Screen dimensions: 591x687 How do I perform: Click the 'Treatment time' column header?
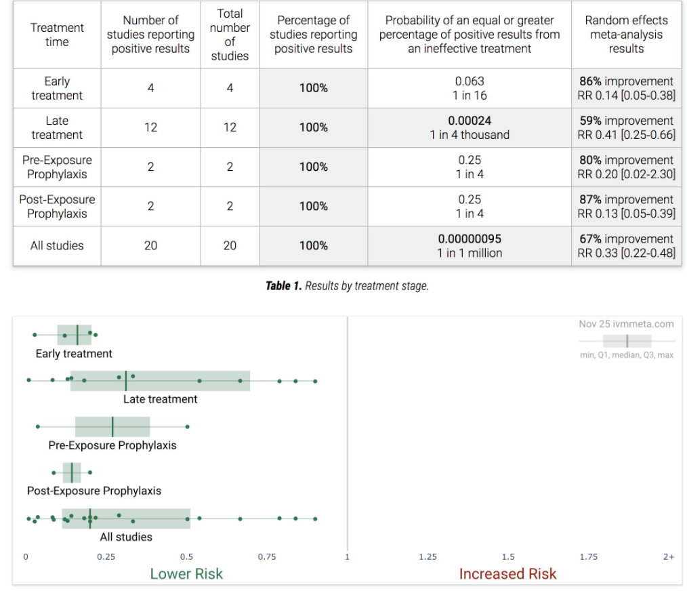[57, 35]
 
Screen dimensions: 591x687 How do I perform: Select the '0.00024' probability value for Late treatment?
[470, 121]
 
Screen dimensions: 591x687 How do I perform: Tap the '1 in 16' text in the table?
[470, 96]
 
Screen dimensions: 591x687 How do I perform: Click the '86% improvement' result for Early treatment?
[627, 81]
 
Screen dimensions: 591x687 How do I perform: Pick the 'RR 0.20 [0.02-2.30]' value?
[627, 174]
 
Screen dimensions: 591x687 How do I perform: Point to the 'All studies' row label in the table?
[57, 245]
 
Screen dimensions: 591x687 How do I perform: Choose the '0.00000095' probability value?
[470, 239]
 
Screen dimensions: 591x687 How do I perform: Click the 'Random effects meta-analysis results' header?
[626, 35]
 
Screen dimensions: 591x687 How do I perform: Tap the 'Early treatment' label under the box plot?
[74, 354]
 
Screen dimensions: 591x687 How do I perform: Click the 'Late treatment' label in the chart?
[160, 399]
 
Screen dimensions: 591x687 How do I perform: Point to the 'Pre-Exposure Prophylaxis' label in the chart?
[112, 445]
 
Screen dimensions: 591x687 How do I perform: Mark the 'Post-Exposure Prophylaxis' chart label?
[94, 491]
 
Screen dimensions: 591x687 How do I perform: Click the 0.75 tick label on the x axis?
[266, 557]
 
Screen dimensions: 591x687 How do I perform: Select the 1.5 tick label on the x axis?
[507, 557]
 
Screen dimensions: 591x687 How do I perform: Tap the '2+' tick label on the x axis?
[668, 557]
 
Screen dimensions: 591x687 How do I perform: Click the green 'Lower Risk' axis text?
[186, 574]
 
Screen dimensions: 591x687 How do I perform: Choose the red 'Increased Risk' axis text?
[507, 574]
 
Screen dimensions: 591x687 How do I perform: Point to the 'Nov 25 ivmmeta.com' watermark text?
[626, 324]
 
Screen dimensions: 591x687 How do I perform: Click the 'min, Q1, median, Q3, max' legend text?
[627, 355]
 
